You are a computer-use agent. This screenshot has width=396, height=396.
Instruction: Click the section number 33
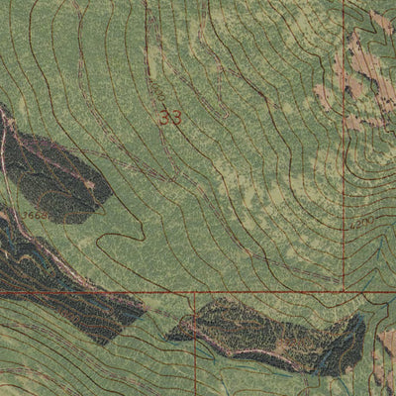(x=170, y=117)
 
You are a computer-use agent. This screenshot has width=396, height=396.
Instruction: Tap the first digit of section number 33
(x=165, y=117)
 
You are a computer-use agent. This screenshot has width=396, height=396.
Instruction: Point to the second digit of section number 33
(x=176, y=117)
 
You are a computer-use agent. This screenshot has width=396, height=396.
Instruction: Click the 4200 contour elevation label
(x=360, y=224)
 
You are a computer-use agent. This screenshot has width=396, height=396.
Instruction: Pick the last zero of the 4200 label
(x=369, y=222)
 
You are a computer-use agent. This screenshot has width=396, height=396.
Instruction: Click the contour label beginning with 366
(x=36, y=214)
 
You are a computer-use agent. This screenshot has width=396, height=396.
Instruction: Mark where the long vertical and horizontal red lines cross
(x=344, y=291)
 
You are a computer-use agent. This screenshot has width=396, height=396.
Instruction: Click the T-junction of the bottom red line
(x=195, y=292)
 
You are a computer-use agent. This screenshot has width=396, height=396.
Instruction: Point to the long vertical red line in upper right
(x=344, y=148)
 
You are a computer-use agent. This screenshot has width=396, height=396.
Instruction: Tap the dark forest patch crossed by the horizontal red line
(x=69, y=287)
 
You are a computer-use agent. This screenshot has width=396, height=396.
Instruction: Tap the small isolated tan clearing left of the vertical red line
(x=323, y=96)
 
